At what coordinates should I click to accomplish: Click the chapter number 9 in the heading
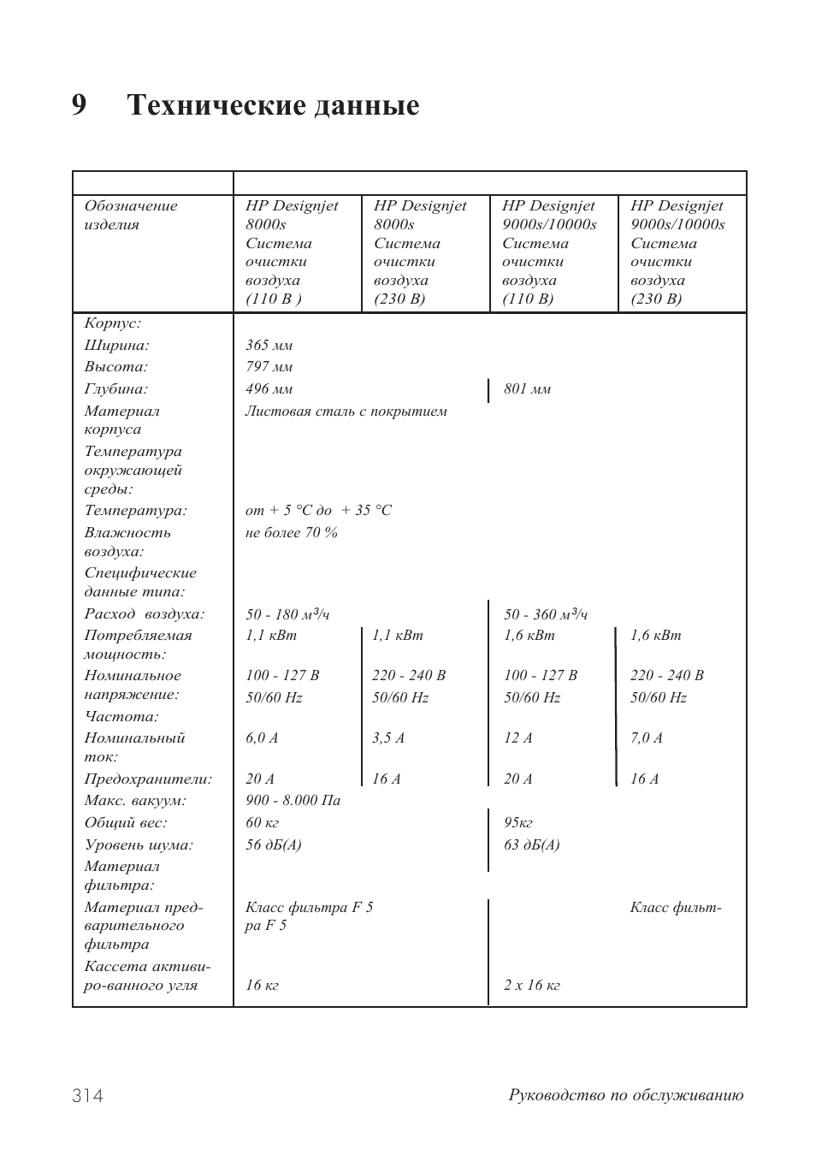click(80, 105)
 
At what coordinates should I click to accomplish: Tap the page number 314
click(88, 1096)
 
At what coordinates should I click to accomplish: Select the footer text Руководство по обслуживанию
click(626, 1095)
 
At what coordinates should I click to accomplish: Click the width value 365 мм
click(269, 346)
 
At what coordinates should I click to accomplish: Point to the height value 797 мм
click(269, 367)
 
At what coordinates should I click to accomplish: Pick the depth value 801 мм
click(527, 389)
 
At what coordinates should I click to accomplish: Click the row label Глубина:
click(115, 389)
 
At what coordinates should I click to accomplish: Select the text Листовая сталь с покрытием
click(346, 412)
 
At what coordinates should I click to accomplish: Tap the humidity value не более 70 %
click(291, 533)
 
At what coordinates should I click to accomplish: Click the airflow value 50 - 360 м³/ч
click(545, 614)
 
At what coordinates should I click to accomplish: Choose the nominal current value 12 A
click(517, 738)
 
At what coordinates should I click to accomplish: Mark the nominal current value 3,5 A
click(387, 738)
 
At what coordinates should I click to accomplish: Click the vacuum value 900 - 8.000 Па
click(293, 801)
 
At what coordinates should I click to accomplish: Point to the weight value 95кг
click(517, 823)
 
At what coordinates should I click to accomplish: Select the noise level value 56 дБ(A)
click(273, 845)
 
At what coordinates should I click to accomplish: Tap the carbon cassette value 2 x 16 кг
click(531, 986)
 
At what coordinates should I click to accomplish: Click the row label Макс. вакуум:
click(134, 801)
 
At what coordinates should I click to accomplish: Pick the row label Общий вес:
click(125, 823)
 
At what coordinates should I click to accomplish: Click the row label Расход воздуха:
click(144, 614)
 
